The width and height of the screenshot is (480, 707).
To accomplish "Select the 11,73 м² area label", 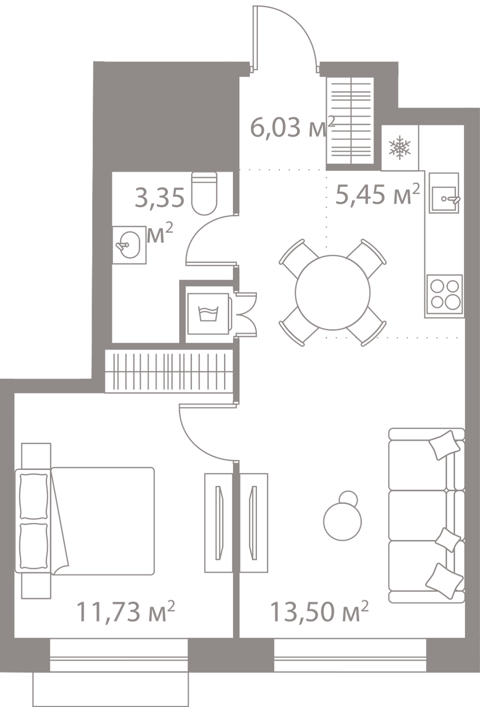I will click(125, 612).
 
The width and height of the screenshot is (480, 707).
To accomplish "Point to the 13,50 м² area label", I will click(319, 612).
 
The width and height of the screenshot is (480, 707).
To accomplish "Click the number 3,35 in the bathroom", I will click(159, 198).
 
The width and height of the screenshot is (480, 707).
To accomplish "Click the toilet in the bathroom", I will click(206, 194).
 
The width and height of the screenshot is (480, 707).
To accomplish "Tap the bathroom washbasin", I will click(129, 244).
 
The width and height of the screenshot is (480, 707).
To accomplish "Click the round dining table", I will click(332, 291).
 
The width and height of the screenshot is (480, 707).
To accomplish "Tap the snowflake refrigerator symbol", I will click(400, 148).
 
